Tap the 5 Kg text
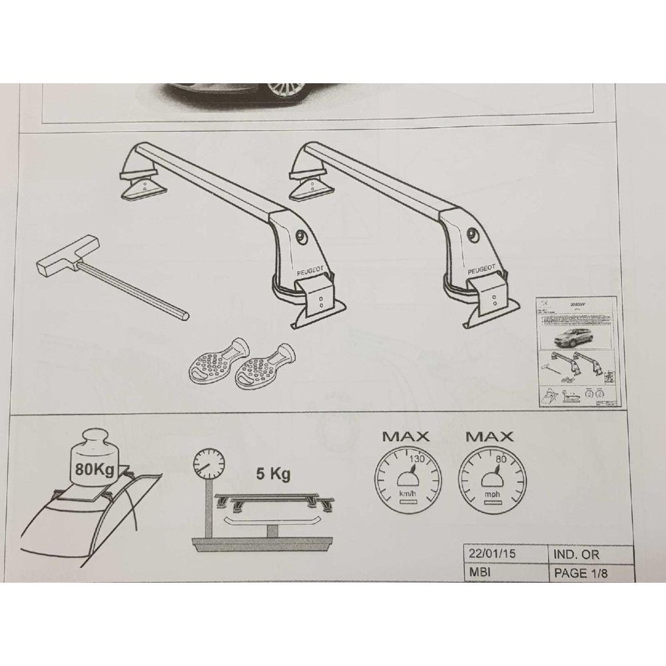(272, 474)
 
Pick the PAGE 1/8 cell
(580, 571)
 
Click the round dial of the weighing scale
(208, 464)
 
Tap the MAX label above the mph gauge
(489, 438)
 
